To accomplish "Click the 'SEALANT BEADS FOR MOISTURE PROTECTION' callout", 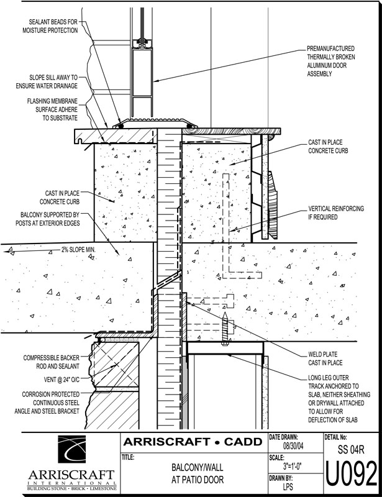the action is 50,26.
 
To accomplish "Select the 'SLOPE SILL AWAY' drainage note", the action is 47,81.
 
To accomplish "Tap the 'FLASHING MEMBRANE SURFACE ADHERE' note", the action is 52,109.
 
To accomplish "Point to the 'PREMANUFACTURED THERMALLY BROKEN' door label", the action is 330,61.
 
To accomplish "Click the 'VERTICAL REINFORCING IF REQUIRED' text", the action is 336,213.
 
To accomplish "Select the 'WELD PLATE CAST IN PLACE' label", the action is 325,358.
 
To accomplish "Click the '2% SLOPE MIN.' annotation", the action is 78,250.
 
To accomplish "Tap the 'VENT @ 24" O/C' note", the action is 61,380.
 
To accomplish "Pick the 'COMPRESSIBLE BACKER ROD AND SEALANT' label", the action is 52,362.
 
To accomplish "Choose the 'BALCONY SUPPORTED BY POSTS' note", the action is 48,219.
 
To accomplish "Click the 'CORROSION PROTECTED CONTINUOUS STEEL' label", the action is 47,403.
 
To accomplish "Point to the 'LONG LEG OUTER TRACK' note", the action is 339,399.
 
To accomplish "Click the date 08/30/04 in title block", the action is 293,446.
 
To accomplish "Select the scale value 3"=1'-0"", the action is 292,467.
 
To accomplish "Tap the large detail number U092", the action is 352,473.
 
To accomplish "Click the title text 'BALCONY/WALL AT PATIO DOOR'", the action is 197,473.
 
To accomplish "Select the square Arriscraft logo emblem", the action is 71,449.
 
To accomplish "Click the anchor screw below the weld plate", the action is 225,329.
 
